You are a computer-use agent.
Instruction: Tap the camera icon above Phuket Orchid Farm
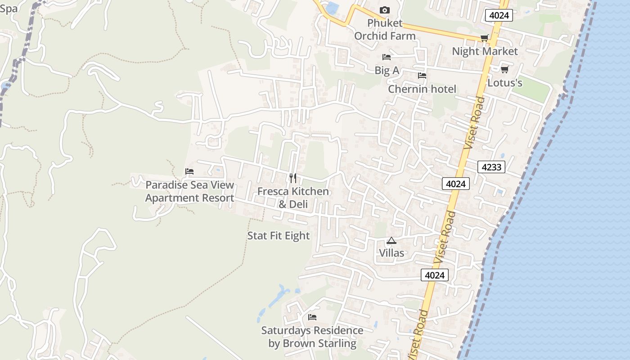[384, 10]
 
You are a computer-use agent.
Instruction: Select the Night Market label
[485, 51]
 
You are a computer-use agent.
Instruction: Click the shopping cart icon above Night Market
[484, 38]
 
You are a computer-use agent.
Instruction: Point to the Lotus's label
[505, 83]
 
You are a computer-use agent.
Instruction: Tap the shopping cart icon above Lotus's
[504, 69]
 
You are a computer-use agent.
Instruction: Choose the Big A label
[387, 70]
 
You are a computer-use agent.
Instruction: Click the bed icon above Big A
[386, 57]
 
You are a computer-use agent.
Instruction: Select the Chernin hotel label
[422, 89]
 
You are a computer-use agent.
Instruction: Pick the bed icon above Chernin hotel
[422, 76]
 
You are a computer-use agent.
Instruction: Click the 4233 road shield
[491, 167]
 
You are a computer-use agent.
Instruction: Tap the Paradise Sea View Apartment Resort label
[189, 191]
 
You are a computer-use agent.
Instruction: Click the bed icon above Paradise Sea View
[189, 171]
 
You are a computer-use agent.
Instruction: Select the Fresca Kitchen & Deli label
[293, 198]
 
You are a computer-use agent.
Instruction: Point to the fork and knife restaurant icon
[293, 178]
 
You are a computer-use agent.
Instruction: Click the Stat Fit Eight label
[279, 236]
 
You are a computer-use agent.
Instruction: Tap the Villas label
[391, 253]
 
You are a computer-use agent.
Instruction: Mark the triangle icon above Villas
[391, 240]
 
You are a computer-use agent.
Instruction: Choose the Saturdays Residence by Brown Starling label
[312, 337]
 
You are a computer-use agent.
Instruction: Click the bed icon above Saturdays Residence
[312, 317]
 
